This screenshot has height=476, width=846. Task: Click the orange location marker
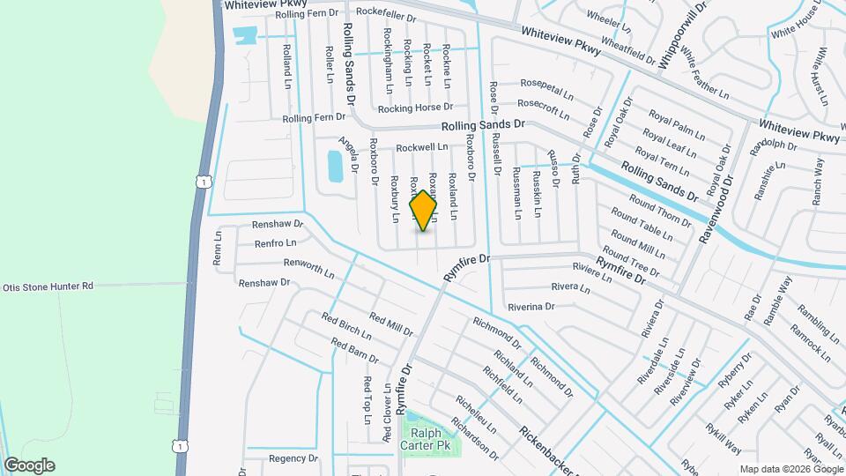424,212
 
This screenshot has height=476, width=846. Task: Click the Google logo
29,465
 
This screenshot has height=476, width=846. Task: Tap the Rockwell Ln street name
422,147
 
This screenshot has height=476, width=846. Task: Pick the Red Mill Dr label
391,324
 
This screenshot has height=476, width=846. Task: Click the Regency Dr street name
293,458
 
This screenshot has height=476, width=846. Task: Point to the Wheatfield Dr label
627,55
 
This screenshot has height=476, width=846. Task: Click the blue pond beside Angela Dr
335,165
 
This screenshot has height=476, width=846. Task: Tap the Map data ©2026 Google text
790,469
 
